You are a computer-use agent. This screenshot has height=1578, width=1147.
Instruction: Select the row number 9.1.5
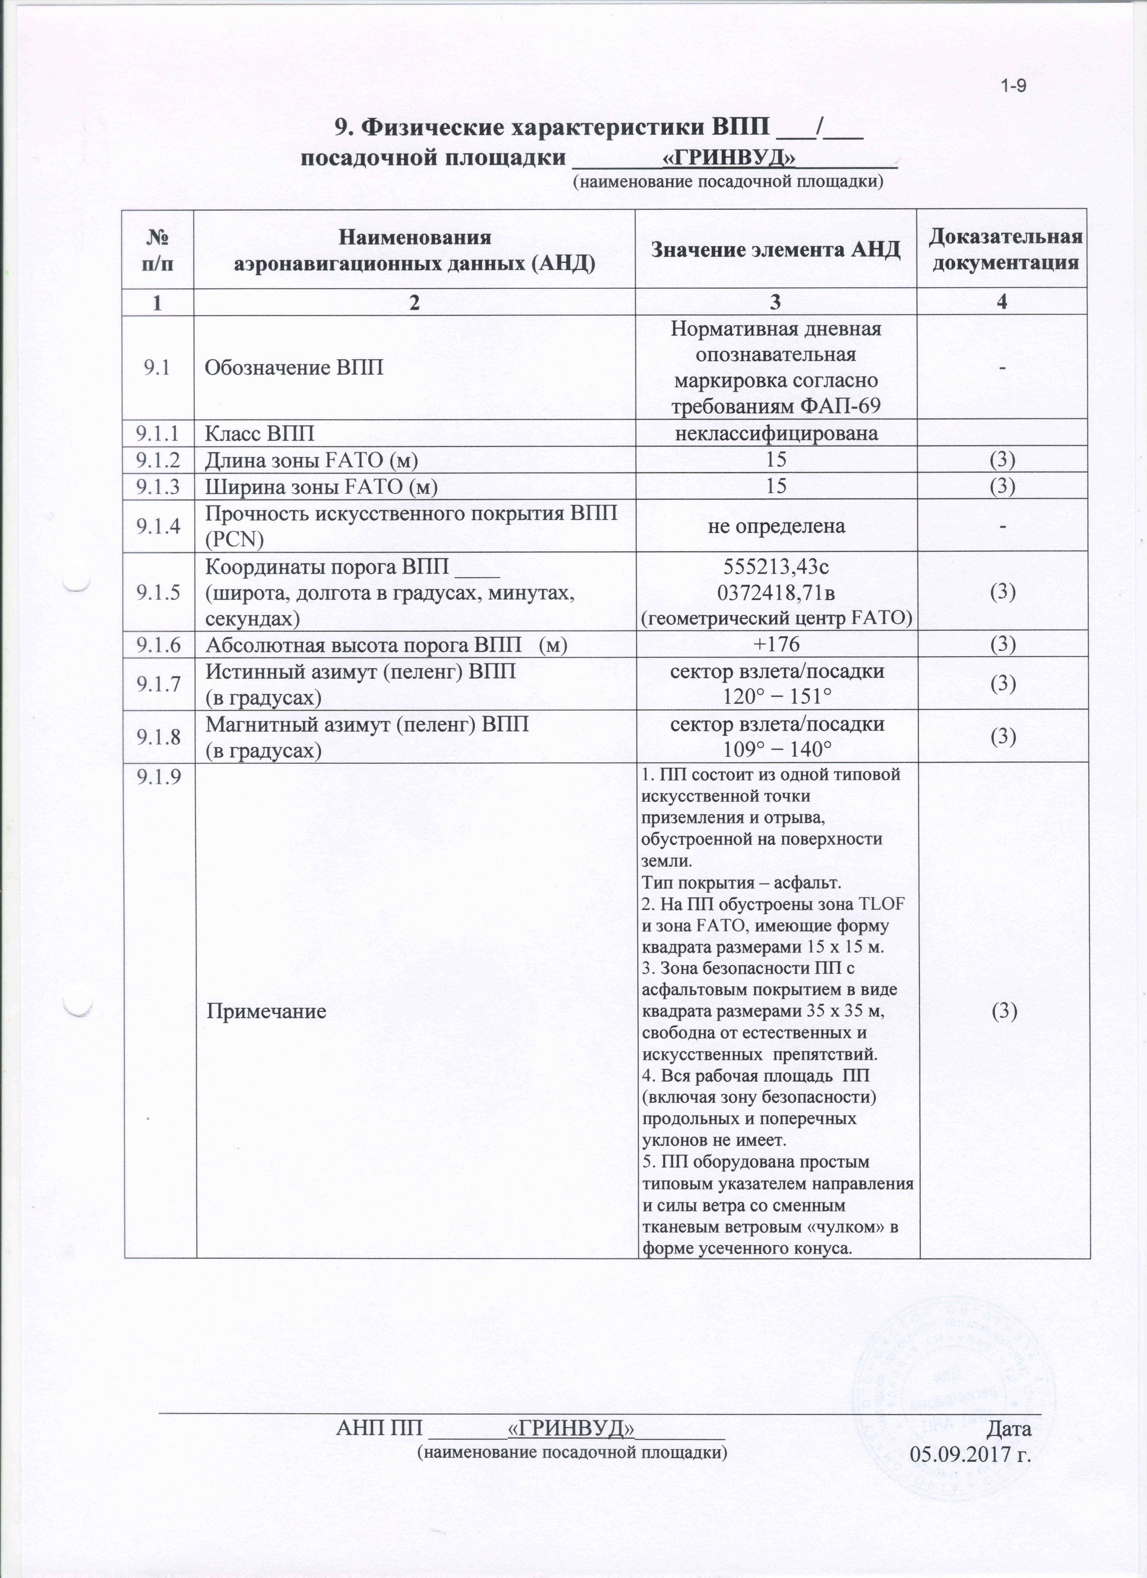pos(158,592)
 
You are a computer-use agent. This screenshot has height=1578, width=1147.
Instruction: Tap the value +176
pos(776,644)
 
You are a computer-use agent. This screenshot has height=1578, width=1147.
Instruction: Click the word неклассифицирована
pos(776,433)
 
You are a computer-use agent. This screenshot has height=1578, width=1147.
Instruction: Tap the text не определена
pos(776,525)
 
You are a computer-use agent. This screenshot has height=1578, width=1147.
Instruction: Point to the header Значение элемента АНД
pos(776,250)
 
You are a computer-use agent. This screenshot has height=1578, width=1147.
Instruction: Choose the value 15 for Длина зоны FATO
pos(776,459)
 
